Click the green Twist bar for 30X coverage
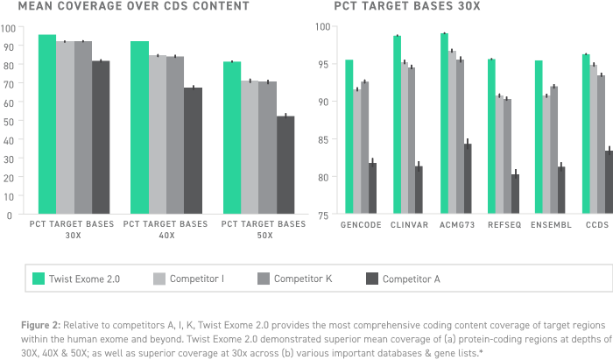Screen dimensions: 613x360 pyautogui.click(x=47, y=124)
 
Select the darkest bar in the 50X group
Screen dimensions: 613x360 pyautogui.click(x=285, y=165)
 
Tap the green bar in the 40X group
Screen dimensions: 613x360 pyautogui.click(x=139, y=127)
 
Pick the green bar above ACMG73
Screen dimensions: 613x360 pyautogui.click(x=444, y=124)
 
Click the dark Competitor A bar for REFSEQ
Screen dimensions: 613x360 pyautogui.click(x=515, y=194)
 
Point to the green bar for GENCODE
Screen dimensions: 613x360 pyautogui.click(x=349, y=137)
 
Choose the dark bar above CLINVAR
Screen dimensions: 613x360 pyautogui.click(x=419, y=189)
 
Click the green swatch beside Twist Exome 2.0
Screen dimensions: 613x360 pyautogui.click(x=39, y=279)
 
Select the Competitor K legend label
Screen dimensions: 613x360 pyautogui.click(x=303, y=279)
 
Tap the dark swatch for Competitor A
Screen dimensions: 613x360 pyautogui.click(x=372, y=279)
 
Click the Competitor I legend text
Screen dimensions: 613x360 pyautogui.click(x=197, y=279)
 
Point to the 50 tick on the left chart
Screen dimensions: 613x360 pyautogui.click(x=8, y=122)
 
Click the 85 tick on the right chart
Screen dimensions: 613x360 pyautogui.click(x=323, y=139)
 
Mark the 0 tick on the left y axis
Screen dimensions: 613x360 pyautogui.click(x=10, y=215)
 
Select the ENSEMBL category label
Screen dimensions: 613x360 pyautogui.click(x=551, y=225)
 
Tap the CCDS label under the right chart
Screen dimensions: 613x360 pyautogui.click(x=597, y=225)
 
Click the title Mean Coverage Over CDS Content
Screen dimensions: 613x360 pyautogui.click(x=133, y=6)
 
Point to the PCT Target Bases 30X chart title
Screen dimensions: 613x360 pyautogui.click(x=407, y=6)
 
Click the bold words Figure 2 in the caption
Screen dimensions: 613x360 pyautogui.click(x=40, y=325)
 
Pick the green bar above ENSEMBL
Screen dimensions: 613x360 pyautogui.click(x=539, y=137)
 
